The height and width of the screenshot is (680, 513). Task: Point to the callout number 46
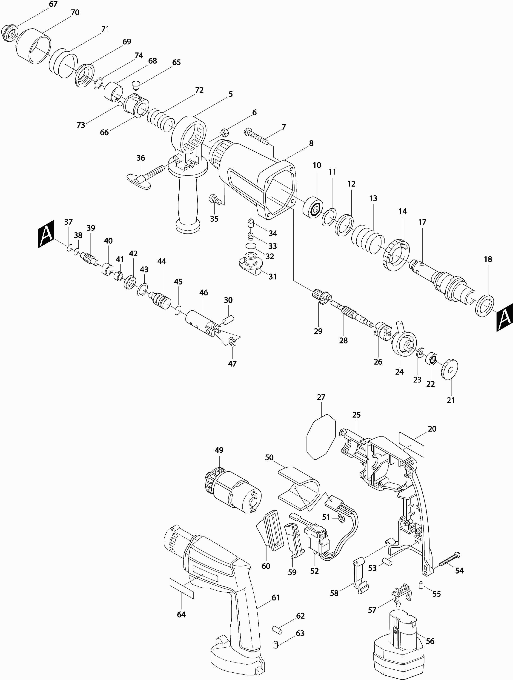tap(203, 293)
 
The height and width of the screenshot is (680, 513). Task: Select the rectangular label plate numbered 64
tap(181, 588)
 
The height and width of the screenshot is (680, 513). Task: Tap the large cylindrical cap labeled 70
tap(33, 46)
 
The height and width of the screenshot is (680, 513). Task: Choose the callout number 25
tap(356, 415)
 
